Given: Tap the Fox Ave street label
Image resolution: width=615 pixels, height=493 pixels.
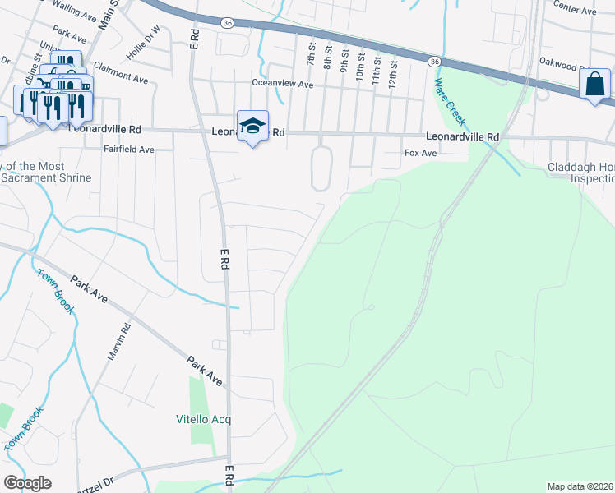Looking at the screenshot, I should pyautogui.click(x=421, y=153).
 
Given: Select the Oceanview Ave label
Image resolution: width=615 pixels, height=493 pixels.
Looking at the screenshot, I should pyautogui.click(x=284, y=84).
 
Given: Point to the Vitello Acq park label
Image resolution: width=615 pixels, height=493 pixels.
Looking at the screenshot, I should pyautogui.click(x=204, y=419).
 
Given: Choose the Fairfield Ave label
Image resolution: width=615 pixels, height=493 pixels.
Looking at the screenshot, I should pyautogui.click(x=129, y=150).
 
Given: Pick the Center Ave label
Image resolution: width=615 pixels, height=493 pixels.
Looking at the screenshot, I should pyautogui.click(x=575, y=10).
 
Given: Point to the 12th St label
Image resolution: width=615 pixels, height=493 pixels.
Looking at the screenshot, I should pyautogui.click(x=394, y=64).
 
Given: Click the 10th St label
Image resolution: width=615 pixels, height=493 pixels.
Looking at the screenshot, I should pyautogui.click(x=359, y=63).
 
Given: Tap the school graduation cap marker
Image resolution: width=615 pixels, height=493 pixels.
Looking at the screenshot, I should pyautogui.click(x=253, y=126).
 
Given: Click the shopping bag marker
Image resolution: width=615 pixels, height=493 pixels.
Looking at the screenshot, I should pyautogui.click(x=594, y=85).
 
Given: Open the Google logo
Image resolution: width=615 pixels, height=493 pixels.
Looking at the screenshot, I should pyautogui.click(x=27, y=483).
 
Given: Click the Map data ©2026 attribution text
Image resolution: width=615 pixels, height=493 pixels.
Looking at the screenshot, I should pyautogui.click(x=580, y=486).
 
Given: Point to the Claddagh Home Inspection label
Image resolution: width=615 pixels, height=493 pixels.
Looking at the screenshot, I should pyautogui.click(x=580, y=173).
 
